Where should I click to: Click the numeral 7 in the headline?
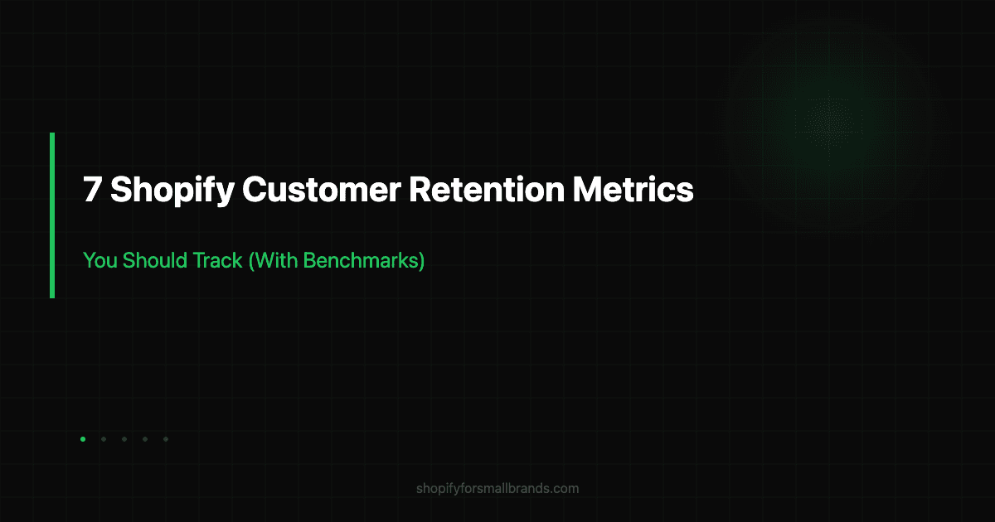[x=92, y=191]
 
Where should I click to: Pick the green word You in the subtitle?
[x=99, y=261]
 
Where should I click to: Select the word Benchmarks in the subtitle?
[x=362, y=261]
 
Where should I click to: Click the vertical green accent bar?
[x=52, y=215]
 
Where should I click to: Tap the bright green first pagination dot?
[x=83, y=439]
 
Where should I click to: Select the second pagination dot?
[x=104, y=439]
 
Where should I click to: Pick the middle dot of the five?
[x=124, y=439]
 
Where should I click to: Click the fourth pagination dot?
[x=145, y=439]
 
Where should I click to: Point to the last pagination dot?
[x=166, y=439]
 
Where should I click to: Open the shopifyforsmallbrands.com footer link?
[x=498, y=488]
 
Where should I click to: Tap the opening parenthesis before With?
[x=251, y=261]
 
